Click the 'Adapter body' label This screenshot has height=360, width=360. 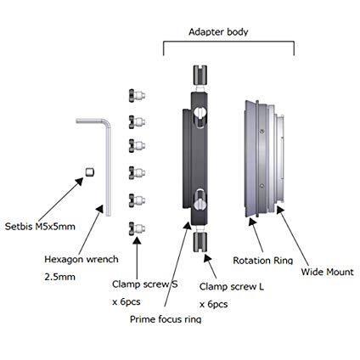(x=218, y=32)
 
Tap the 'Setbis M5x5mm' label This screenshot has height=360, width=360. (x=40, y=227)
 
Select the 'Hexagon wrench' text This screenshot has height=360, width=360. (x=82, y=260)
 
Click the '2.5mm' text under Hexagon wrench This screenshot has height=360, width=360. (x=60, y=277)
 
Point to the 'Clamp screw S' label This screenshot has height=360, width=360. (x=145, y=284)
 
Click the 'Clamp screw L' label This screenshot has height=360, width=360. (x=232, y=287)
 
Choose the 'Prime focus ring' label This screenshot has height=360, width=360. (x=166, y=319)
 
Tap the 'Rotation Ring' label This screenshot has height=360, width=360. (x=262, y=261)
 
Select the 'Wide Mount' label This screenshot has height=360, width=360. (x=327, y=272)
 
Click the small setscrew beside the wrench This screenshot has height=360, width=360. (x=90, y=172)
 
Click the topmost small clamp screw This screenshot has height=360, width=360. (x=137, y=96)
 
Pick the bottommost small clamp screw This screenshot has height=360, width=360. (x=137, y=228)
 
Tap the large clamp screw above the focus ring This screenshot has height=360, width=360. (x=200, y=75)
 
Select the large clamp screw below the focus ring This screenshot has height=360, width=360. (x=200, y=241)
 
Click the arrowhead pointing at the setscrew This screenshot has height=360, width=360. (x=80, y=182)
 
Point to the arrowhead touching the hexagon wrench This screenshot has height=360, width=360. (x=99, y=210)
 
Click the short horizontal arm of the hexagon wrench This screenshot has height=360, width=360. (x=91, y=121)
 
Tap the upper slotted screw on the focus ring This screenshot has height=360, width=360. (x=200, y=116)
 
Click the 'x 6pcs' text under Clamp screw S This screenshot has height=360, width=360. (x=127, y=301)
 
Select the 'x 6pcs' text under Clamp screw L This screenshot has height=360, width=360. (x=214, y=304)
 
